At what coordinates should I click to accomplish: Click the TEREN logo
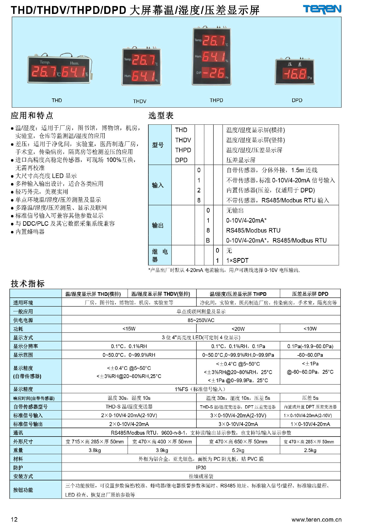322,9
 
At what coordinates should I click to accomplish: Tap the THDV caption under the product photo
139,101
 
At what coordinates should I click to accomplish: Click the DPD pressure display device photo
295,71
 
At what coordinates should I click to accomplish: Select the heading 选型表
161,115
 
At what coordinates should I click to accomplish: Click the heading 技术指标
28,283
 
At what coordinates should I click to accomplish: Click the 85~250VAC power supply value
201,320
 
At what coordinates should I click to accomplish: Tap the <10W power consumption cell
310,329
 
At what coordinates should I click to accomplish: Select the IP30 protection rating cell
201,468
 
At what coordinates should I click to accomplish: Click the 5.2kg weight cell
238,450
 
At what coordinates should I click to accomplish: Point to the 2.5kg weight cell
310,450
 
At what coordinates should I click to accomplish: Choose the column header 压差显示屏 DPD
310,294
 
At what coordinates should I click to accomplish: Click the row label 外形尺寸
23,442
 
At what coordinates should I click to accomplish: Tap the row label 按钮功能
23,490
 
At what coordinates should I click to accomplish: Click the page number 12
14,519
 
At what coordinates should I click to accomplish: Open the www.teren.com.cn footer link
316,519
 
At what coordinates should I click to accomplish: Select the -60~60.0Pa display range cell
310,355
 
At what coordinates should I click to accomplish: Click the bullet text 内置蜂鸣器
30,232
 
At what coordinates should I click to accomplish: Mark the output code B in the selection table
208,240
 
